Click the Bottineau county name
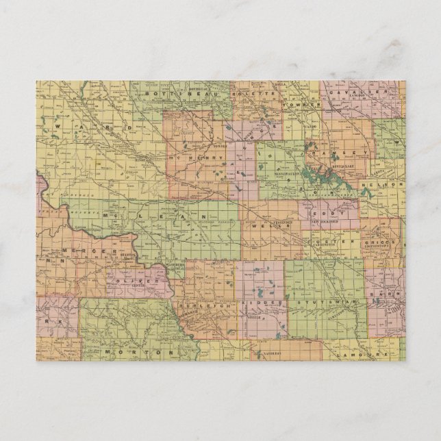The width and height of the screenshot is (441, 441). (163, 91)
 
